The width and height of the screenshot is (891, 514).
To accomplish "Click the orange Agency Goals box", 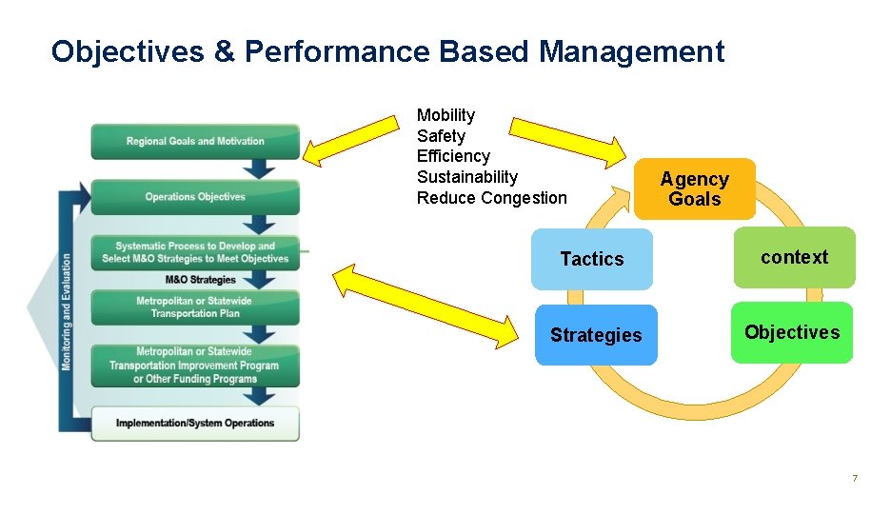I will click(694, 188).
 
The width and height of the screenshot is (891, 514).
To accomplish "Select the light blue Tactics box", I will click(592, 259).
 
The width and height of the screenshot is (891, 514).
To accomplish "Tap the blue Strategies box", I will click(596, 335).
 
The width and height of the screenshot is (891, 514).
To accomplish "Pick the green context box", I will click(794, 257).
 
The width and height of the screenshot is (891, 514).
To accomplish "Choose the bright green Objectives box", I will click(791, 332).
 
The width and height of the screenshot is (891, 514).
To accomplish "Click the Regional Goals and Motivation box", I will click(195, 141).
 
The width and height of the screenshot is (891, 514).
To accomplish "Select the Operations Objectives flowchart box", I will click(195, 197).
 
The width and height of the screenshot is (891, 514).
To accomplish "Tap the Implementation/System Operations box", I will click(195, 423).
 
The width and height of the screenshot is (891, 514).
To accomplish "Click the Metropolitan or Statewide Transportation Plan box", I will click(195, 307).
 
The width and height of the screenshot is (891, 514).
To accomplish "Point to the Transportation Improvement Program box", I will click(195, 366).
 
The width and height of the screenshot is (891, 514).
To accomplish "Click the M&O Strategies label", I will click(200, 280).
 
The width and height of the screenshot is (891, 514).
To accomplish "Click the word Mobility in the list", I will click(445, 115).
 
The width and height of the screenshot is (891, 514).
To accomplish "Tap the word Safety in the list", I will click(441, 136).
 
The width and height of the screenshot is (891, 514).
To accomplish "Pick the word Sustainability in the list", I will click(467, 177).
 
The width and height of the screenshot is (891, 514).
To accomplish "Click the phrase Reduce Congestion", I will click(491, 198).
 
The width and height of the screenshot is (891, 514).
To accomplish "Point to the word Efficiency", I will click(453, 156).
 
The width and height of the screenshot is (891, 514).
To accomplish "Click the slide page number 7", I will click(855, 478).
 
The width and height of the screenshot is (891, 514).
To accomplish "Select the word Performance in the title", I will click(338, 51).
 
